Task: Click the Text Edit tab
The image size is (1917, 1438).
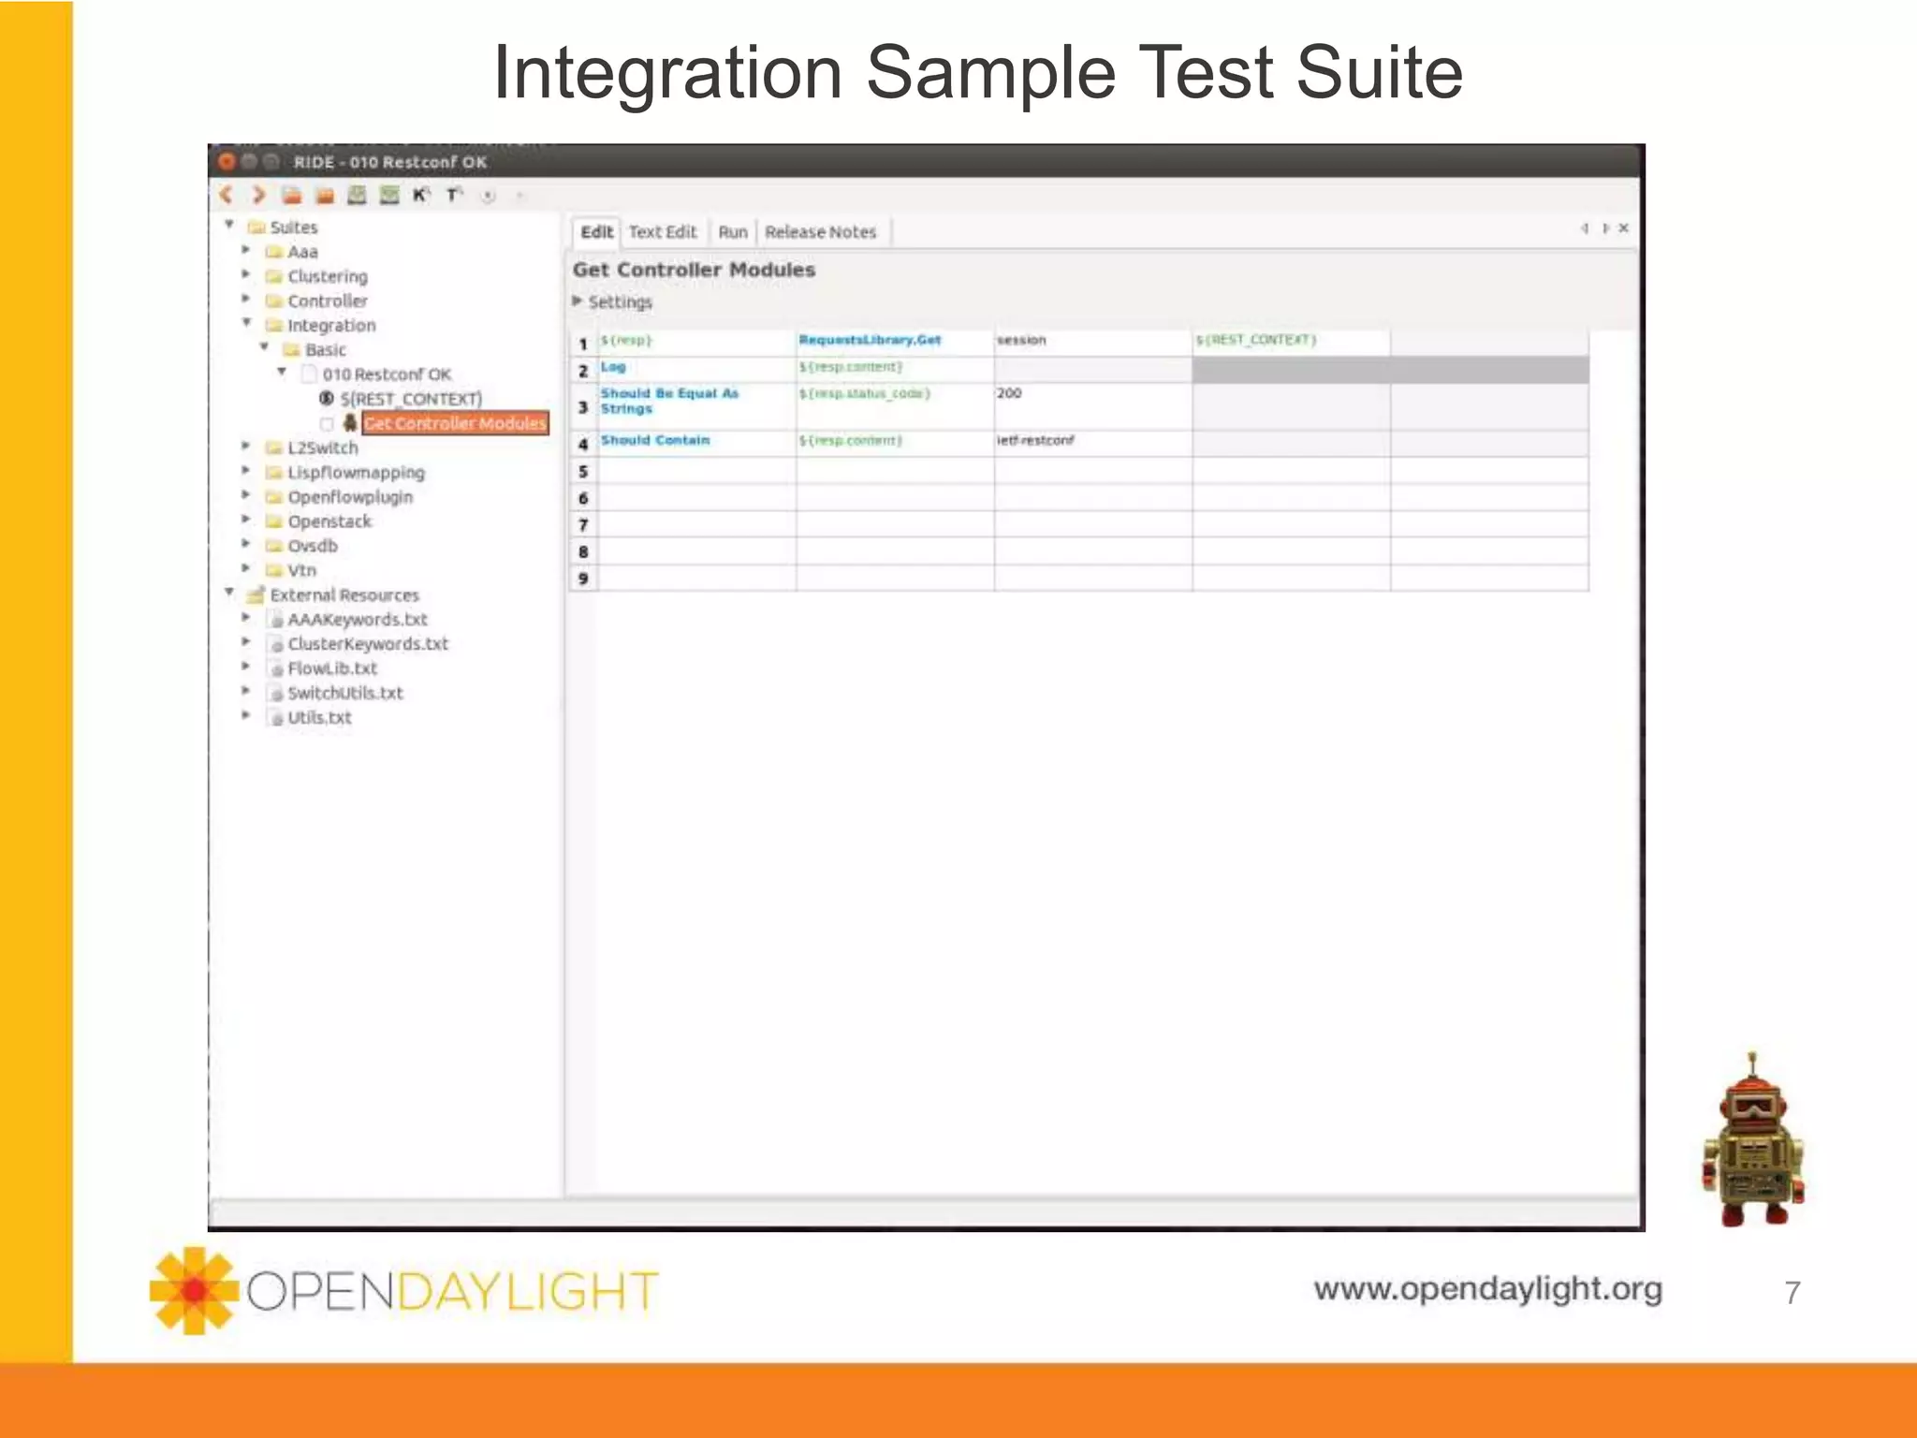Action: pyautogui.click(x=663, y=232)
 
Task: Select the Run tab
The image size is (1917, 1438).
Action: pyautogui.click(x=733, y=232)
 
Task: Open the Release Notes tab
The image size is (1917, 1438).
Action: pyautogui.click(x=820, y=232)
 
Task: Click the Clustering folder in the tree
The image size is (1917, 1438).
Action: pyautogui.click(x=327, y=276)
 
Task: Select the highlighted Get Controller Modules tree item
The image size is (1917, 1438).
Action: pyautogui.click(x=455, y=423)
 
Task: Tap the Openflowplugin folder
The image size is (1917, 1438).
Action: pyautogui.click(x=349, y=497)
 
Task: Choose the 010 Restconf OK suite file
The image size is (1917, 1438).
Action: pyautogui.click(x=387, y=374)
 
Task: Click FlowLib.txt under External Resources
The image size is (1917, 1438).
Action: pyautogui.click(x=331, y=668)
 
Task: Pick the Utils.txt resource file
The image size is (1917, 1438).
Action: pyautogui.click(x=319, y=718)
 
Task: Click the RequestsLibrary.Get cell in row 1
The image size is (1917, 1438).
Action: pyautogui.click(x=870, y=340)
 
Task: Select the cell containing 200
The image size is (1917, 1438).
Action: pyautogui.click(x=1009, y=393)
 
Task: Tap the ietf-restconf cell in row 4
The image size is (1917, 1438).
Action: pyautogui.click(x=1035, y=440)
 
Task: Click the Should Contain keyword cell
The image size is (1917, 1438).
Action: pyautogui.click(x=655, y=440)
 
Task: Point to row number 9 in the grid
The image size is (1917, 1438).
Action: pyautogui.click(x=583, y=579)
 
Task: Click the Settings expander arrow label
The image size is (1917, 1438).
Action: pyautogui.click(x=619, y=302)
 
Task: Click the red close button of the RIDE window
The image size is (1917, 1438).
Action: pyautogui.click(x=226, y=162)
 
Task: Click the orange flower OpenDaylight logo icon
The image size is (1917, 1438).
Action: pyautogui.click(x=194, y=1290)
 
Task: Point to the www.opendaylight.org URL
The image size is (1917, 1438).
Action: pyautogui.click(x=1487, y=1289)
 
